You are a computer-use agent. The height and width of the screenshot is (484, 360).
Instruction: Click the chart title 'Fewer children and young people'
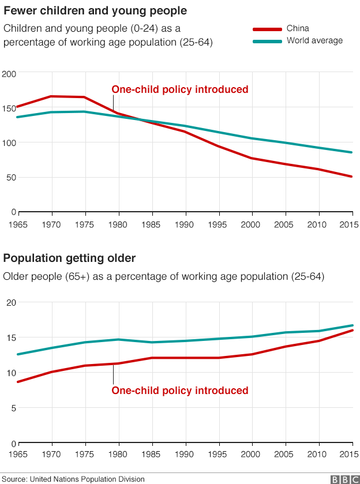(95, 11)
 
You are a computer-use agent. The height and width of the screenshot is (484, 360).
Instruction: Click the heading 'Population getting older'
(70, 258)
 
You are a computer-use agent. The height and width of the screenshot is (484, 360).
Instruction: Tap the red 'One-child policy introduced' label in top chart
(179, 89)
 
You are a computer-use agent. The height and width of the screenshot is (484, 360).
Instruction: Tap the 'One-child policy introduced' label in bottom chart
(179, 391)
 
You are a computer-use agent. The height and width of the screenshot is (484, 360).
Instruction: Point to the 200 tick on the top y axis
(9, 74)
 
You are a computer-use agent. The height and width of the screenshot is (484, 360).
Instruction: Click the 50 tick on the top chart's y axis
(10, 178)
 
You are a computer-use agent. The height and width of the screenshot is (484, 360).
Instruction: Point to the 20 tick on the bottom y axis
(10, 302)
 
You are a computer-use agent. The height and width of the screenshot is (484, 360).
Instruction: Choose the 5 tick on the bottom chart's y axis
(13, 408)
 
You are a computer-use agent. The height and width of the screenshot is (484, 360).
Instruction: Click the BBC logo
(343, 479)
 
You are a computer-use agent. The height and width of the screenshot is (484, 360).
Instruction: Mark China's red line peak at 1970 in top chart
(52, 96)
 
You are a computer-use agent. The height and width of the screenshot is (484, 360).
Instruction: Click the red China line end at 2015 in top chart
(352, 177)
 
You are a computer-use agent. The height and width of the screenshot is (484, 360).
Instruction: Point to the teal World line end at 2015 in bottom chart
(352, 325)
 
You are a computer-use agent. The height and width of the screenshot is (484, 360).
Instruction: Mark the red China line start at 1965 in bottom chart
(18, 382)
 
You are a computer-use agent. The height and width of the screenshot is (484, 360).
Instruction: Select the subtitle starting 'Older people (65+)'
(164, 277)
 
